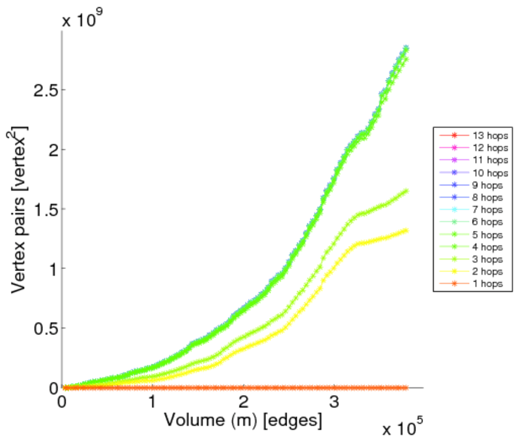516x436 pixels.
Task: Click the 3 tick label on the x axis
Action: (x=334, y=402)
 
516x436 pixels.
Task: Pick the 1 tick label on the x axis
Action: (x=153, y=402)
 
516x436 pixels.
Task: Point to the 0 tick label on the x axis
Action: (x=63, y=402)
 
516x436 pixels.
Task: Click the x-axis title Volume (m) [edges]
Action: (x=243, y=419)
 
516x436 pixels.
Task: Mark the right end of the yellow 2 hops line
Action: (x=406, y=230)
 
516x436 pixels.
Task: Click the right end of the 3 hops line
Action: (x=406, y=191)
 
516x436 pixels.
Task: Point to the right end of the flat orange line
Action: (x=406, y=387)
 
